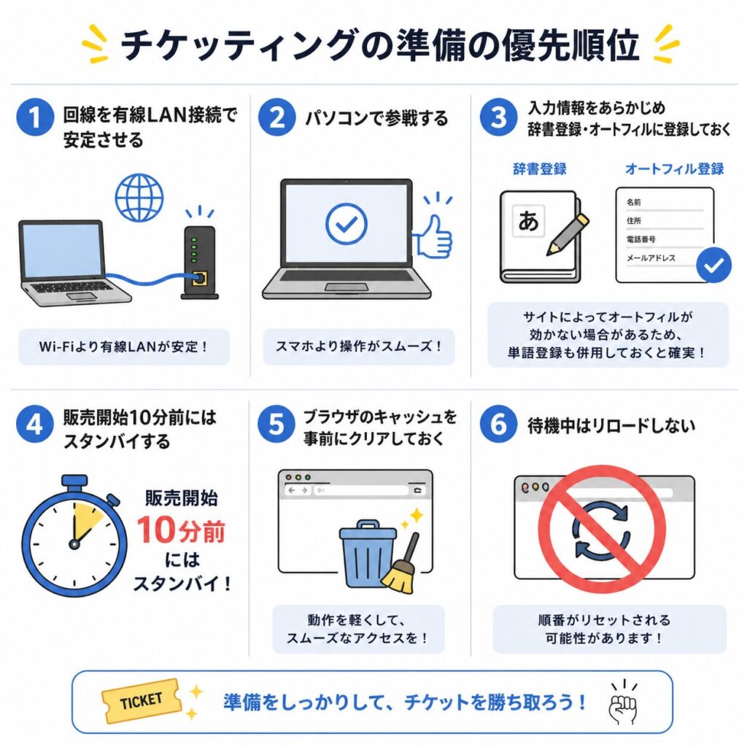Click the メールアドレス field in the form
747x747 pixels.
click(651, 258)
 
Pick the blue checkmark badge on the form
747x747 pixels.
click(713, 266)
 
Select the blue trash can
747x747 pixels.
click(368, 554)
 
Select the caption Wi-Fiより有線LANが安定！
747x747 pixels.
click(124, 347)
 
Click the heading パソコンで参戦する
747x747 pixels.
click(376, 118)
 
